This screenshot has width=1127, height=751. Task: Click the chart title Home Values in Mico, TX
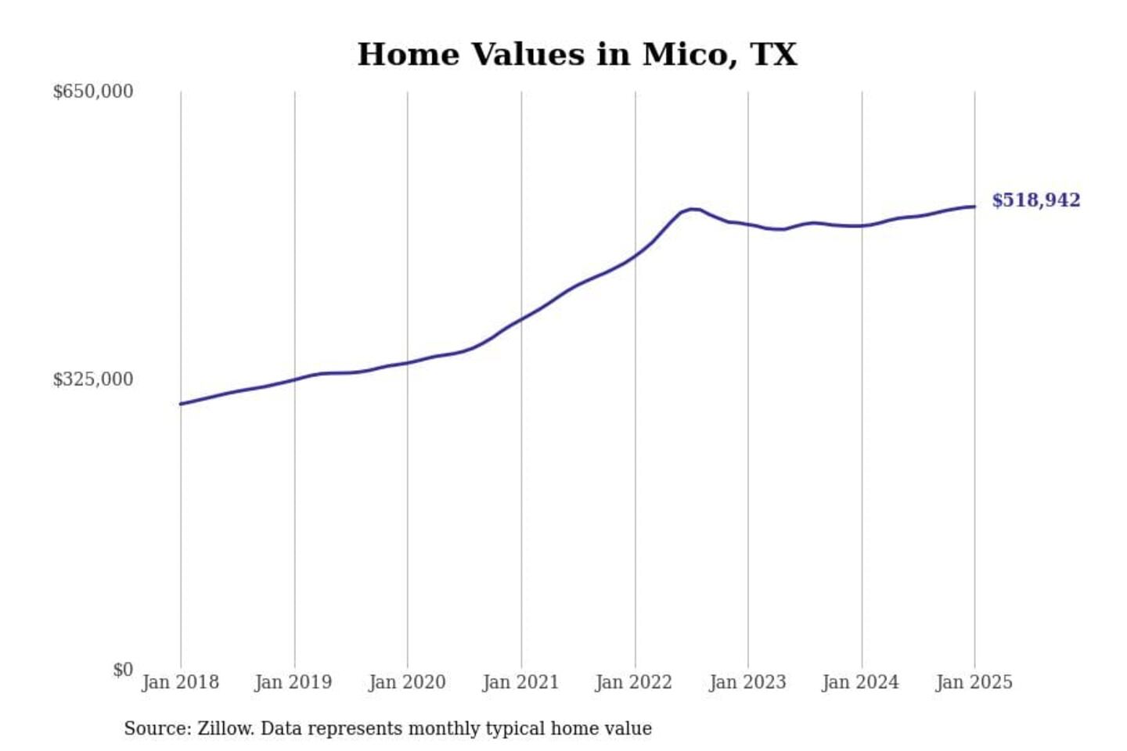coord(577,55)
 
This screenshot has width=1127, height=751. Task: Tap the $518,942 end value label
coord(1035,200)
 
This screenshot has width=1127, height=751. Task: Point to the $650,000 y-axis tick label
coord(92,92)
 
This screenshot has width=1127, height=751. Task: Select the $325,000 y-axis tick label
coord(92,379)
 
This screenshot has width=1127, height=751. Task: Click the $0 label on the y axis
coord(123,670)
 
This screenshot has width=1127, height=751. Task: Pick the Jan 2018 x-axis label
coord(180,682)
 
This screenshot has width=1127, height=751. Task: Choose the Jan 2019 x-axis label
coord(293,682)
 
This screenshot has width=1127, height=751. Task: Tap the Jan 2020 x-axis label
coord(407,682)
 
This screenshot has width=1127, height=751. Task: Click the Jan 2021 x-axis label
coord(520,682)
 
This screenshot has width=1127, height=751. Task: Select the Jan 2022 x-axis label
coord(634,682)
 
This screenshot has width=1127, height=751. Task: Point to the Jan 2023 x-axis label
coord(747,682)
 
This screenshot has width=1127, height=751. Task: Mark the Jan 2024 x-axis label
coord(860,682)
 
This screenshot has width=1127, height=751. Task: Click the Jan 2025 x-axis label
coord(974,682)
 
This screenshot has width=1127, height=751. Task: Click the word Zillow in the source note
coord(225,728)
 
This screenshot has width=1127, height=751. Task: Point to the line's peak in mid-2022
coord(692,209)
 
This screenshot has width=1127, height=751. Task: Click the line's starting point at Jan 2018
coord(181,404)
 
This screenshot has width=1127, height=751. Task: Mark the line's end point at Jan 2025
coord(974,207)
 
